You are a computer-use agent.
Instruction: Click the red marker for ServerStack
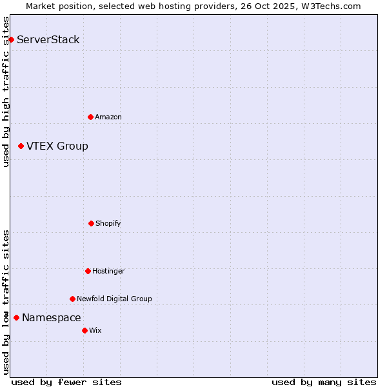click(11, 40)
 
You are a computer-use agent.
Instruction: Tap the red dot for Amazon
click(90, 117)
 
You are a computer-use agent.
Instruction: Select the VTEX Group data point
click(21, 146)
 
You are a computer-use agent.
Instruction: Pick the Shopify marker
click(91, 223)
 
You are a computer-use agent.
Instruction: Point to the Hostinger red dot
click(88, 271)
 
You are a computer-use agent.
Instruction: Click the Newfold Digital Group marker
click(72, 299)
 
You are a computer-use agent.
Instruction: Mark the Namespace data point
click(16, 317)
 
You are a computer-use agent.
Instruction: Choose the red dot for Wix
click(84, 330)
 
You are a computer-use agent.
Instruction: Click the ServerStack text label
click(48, 40)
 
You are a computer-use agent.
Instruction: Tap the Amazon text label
click(108, 117)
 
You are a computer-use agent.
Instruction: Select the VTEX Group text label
click(57, 146)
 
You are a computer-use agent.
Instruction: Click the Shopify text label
click(108, 223)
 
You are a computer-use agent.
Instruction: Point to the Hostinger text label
click(108, 271)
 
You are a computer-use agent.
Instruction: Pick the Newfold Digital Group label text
click(114, 299)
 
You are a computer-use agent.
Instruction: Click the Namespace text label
click(52, 317)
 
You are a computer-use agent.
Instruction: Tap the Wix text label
click(95, 330)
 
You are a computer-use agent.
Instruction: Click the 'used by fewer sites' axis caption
click(66, 382)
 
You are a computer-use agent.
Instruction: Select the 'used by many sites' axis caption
click(324, 382)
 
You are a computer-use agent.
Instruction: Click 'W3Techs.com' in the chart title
click(330, 6)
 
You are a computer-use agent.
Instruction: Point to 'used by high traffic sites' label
click(6, 92)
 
